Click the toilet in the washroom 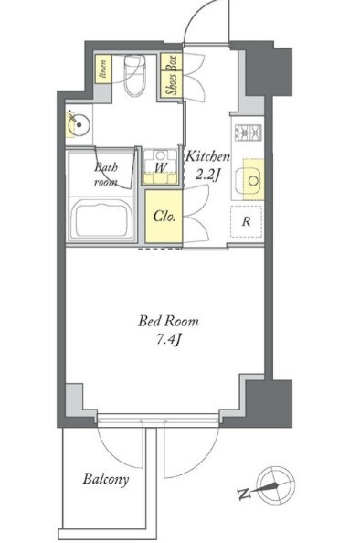[134, 76]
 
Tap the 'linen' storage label [103, 69]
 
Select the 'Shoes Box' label [172, 75]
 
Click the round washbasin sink [79, 124]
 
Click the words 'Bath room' [106, 175]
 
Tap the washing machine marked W [160, 167]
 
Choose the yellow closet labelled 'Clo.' [164, 217]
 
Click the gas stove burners [249, 133]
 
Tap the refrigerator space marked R [246, 221]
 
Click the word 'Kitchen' [208, 157]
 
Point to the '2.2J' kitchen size [208, 176]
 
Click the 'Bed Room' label [168, 321]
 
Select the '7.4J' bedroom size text [168, 340]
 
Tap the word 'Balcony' [106, 480]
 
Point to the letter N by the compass [245, 495]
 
